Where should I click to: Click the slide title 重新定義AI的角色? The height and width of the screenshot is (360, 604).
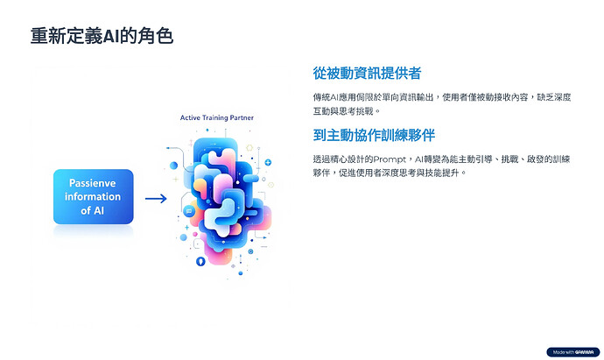(101, 36)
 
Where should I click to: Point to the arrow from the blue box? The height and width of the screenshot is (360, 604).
(156, 199)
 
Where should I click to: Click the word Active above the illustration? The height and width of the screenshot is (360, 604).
(191, 117)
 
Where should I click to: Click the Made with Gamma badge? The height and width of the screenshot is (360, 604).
(570, 352)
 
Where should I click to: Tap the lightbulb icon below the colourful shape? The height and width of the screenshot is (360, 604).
(200, 261)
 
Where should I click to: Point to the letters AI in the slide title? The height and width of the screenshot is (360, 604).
(125, 36)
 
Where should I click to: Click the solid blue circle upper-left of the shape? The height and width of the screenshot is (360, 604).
(173, 165)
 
